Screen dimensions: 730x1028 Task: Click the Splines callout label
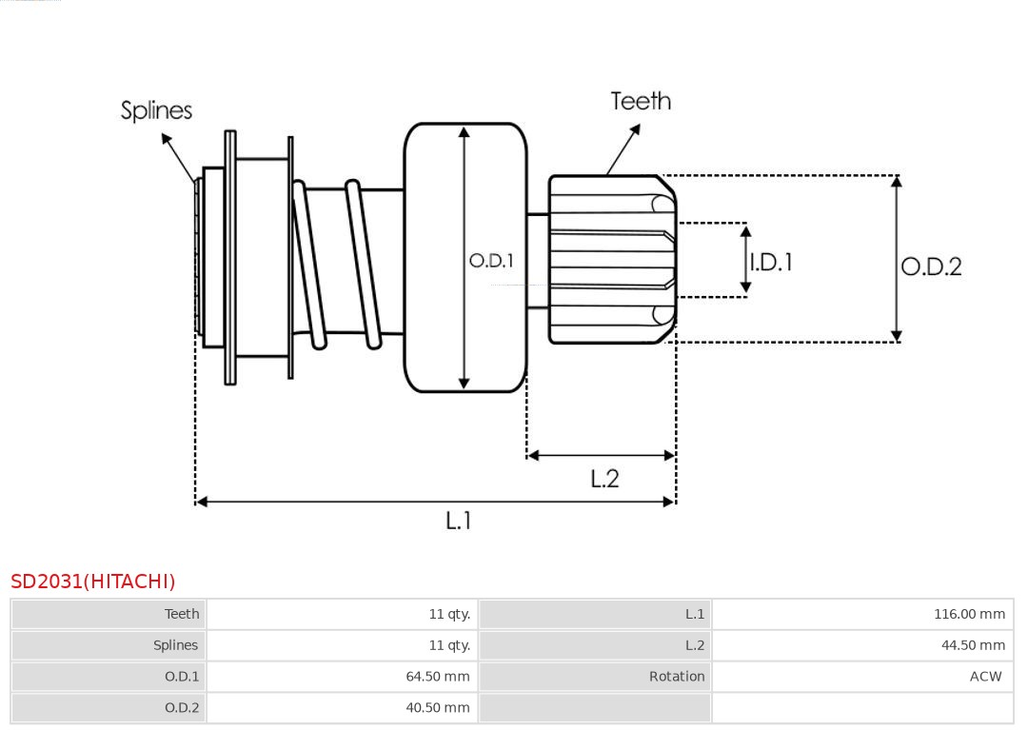click(156, 110)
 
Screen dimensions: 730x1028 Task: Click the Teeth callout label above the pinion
click(641, 101)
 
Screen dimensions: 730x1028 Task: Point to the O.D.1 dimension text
click(491, 260)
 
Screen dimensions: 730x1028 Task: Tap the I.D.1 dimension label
click(771, 262)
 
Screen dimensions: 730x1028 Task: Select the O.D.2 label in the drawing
click(931, 266)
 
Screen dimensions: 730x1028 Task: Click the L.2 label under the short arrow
click(604, 478)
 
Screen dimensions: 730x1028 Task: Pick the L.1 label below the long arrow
click(459, 520)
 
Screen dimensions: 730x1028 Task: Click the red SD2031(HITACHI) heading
click(93, 582)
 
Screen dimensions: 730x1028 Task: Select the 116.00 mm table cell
click(969, 614)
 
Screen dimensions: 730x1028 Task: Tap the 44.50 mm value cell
click(973, 645)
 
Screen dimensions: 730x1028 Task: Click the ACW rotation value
click(985, 677)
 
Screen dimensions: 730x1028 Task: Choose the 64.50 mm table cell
click(438, 677)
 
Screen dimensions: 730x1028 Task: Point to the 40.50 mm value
click(438, 708)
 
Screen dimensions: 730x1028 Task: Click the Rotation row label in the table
click(677, 677)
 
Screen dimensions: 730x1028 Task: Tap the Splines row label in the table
click(176, 645)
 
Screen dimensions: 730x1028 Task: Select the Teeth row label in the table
click(182, 614)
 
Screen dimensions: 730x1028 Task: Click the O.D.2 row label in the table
click(182, 708)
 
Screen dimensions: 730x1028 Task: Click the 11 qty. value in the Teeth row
click(449, 614)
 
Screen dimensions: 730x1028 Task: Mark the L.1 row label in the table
click(695, 614)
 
